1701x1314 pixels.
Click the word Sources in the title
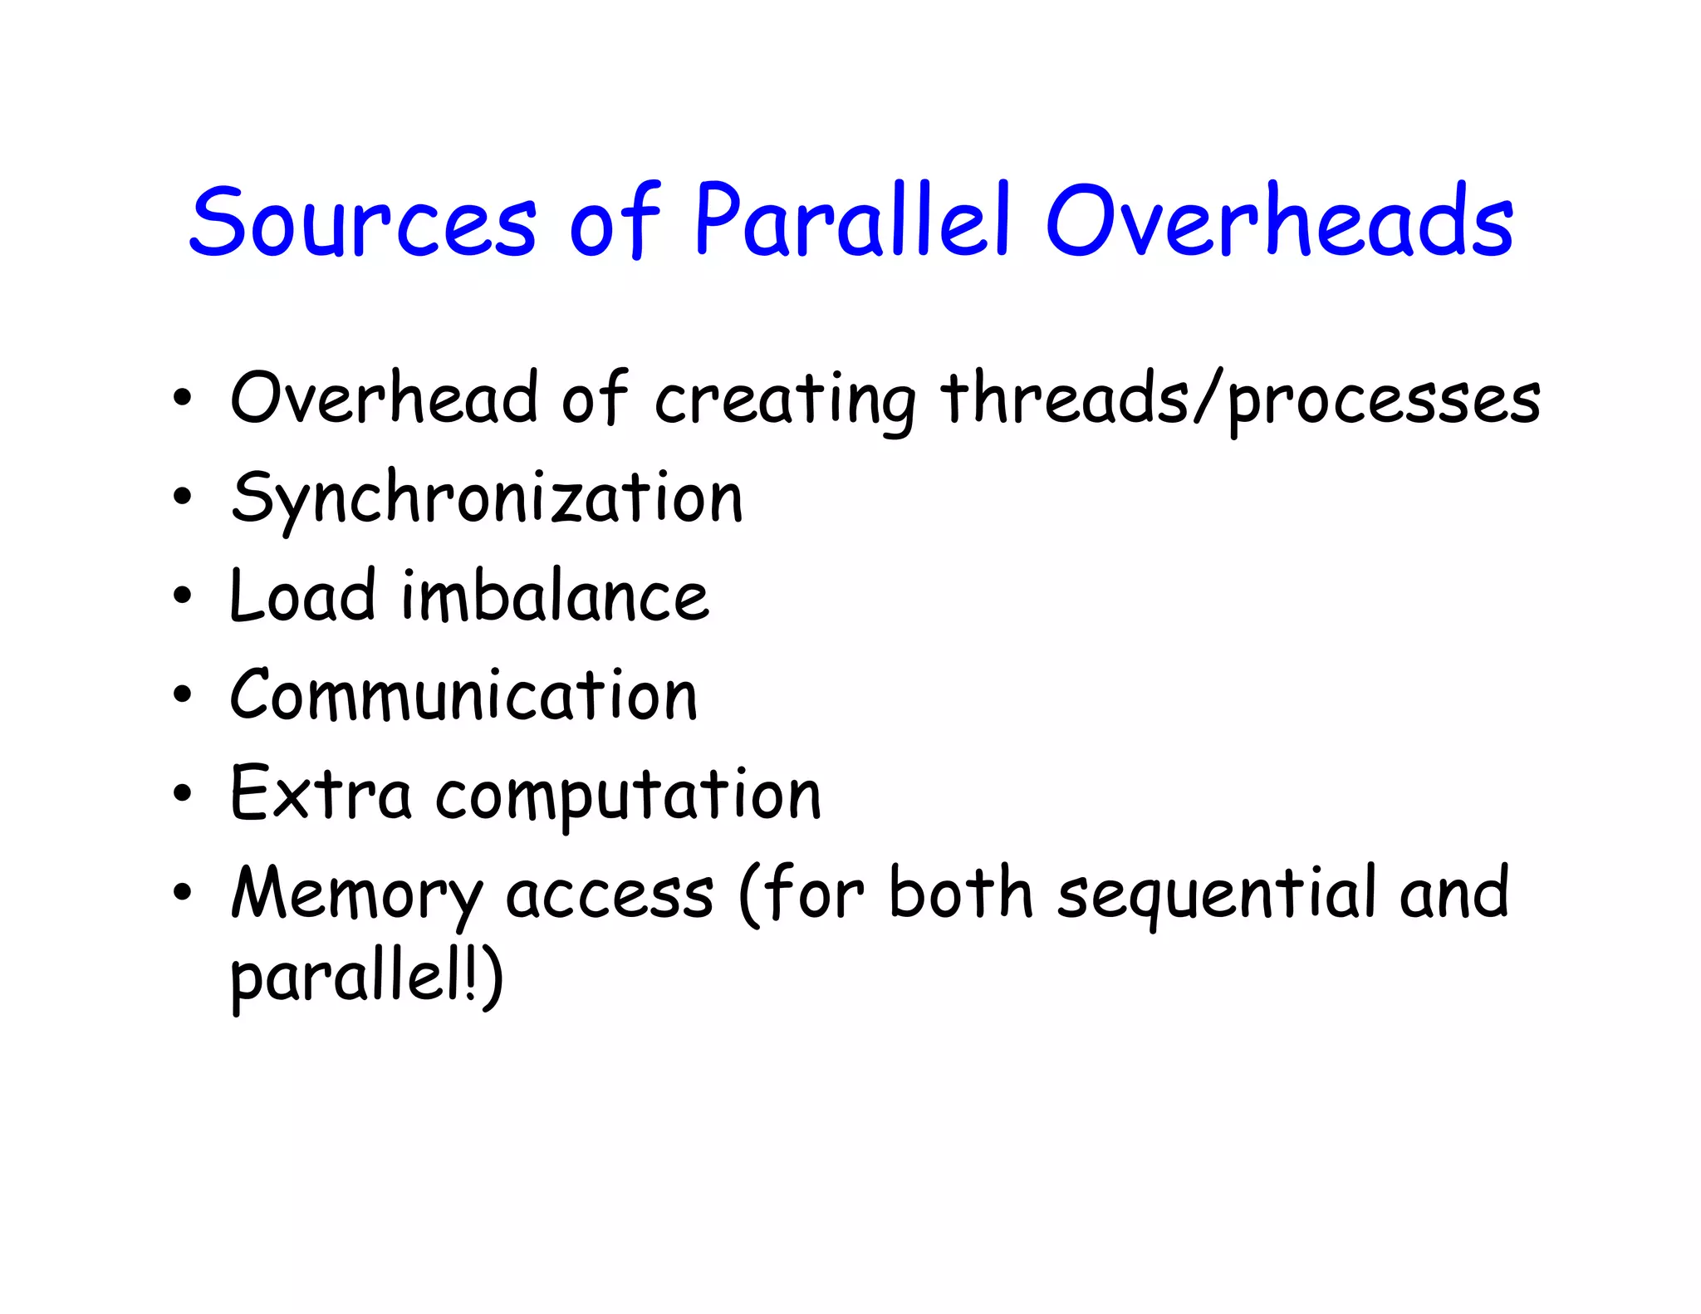(x=363, y=221)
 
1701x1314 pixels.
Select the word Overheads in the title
(x=1279, y=221)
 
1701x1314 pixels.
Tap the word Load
(x=303, y=596)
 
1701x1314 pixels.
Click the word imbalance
(x=555, y=596)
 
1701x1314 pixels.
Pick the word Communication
(x=463, y=694)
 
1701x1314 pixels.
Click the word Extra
(x=321, y=794)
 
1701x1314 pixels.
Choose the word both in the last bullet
(x=960, y=893)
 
